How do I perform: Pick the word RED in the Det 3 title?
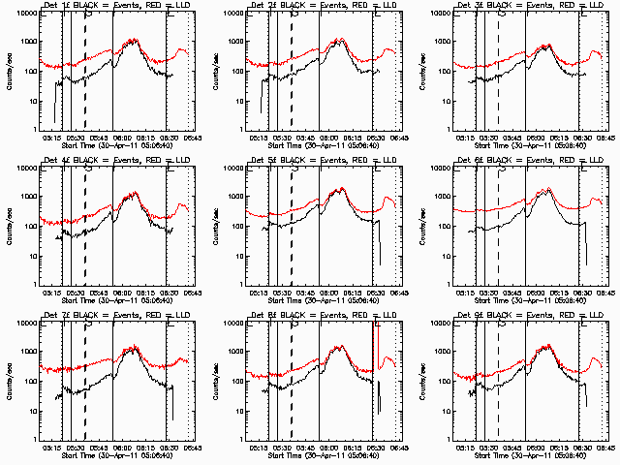coord(562,6)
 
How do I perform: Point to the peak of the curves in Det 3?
coord(545,46)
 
